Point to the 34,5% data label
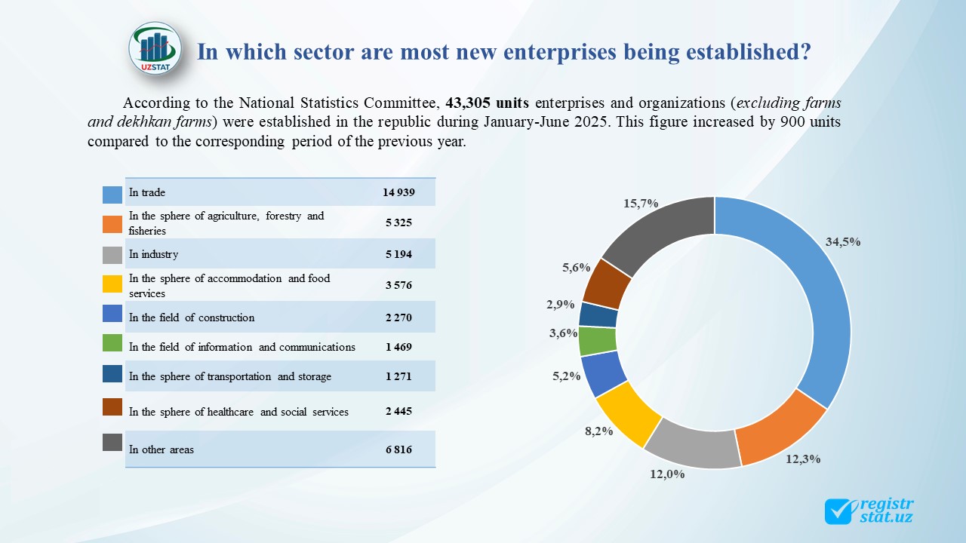[843, 242]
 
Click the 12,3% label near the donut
[803, 459]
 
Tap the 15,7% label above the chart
[641, 203]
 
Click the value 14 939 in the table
[398, 192]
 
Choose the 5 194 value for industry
[398, 254]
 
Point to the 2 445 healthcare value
[398, 412]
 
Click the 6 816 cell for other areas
[398, 449]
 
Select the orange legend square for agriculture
[112, 224]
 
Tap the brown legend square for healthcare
[112, 407]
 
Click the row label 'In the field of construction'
[192, 318]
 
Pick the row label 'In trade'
[147, 192]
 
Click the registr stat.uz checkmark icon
[839, 511]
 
